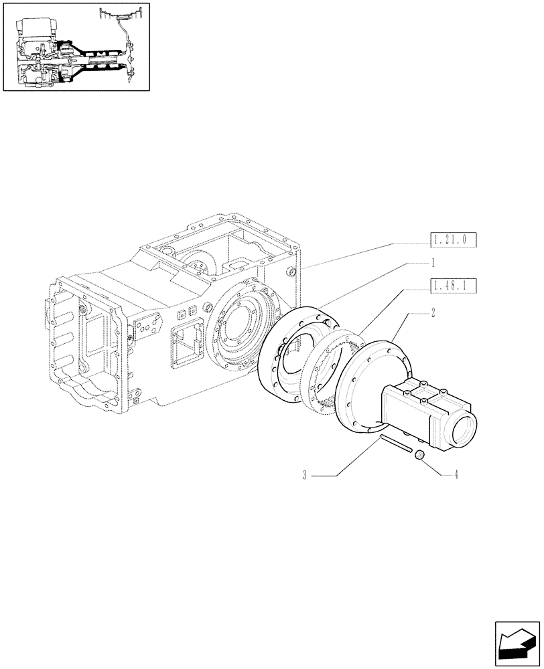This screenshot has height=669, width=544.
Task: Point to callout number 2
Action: (x=433, y=312)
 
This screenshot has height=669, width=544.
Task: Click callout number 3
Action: (x=305, y=476)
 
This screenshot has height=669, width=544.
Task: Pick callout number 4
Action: (x=456, y=476)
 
